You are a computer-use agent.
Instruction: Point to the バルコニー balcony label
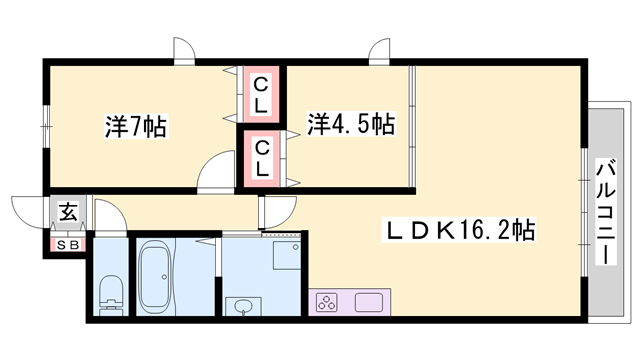pyautogui.click(x=605, y=209)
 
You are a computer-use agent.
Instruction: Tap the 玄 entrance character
pyautogui.click(x=68, y=212)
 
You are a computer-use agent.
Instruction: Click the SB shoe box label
pyautogui.click(x=68, y=243)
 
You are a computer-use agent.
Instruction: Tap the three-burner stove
pyautogui.click(x=328, y=302)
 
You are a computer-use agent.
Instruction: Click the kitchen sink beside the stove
pyautogui.click(x=367, y=302)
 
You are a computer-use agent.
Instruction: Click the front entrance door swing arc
pyautogui.click(x=30, y=211)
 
